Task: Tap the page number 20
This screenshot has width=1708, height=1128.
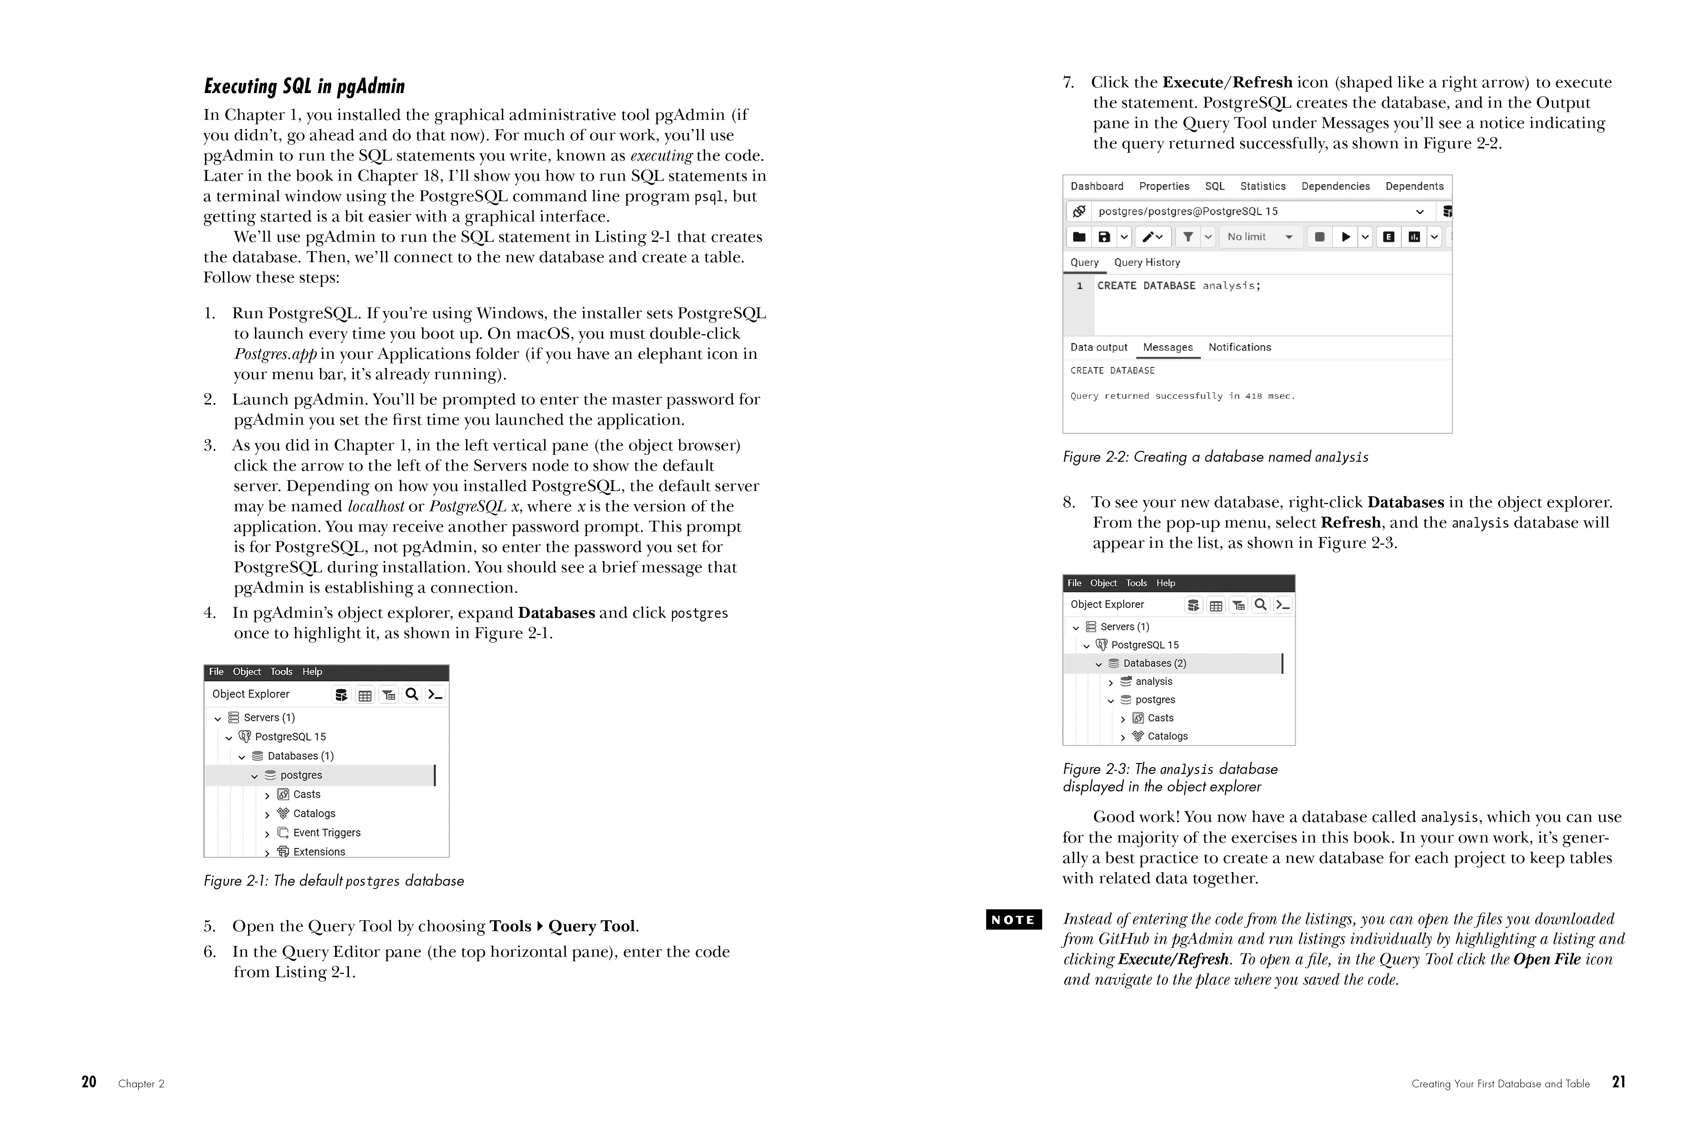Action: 89,1082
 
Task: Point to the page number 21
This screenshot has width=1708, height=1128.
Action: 1618,1082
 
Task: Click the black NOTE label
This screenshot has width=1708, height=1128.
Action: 1013,919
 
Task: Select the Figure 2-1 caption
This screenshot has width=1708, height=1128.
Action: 333,880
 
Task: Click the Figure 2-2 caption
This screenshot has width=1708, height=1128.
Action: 1215,457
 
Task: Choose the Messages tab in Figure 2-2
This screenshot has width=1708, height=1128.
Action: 1168,348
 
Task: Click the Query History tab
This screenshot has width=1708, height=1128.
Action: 1146,263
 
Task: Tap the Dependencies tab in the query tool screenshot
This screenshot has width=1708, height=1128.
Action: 1335,186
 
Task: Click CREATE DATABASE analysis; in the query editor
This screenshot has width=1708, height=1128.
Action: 1178,286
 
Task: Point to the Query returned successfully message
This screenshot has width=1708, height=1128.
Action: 1182,396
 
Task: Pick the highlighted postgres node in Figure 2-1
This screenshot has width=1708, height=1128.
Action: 301,775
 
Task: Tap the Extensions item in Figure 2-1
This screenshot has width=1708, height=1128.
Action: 319,851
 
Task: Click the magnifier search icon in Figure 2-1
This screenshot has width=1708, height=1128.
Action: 412,694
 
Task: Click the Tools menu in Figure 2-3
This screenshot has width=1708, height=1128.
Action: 1136,583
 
